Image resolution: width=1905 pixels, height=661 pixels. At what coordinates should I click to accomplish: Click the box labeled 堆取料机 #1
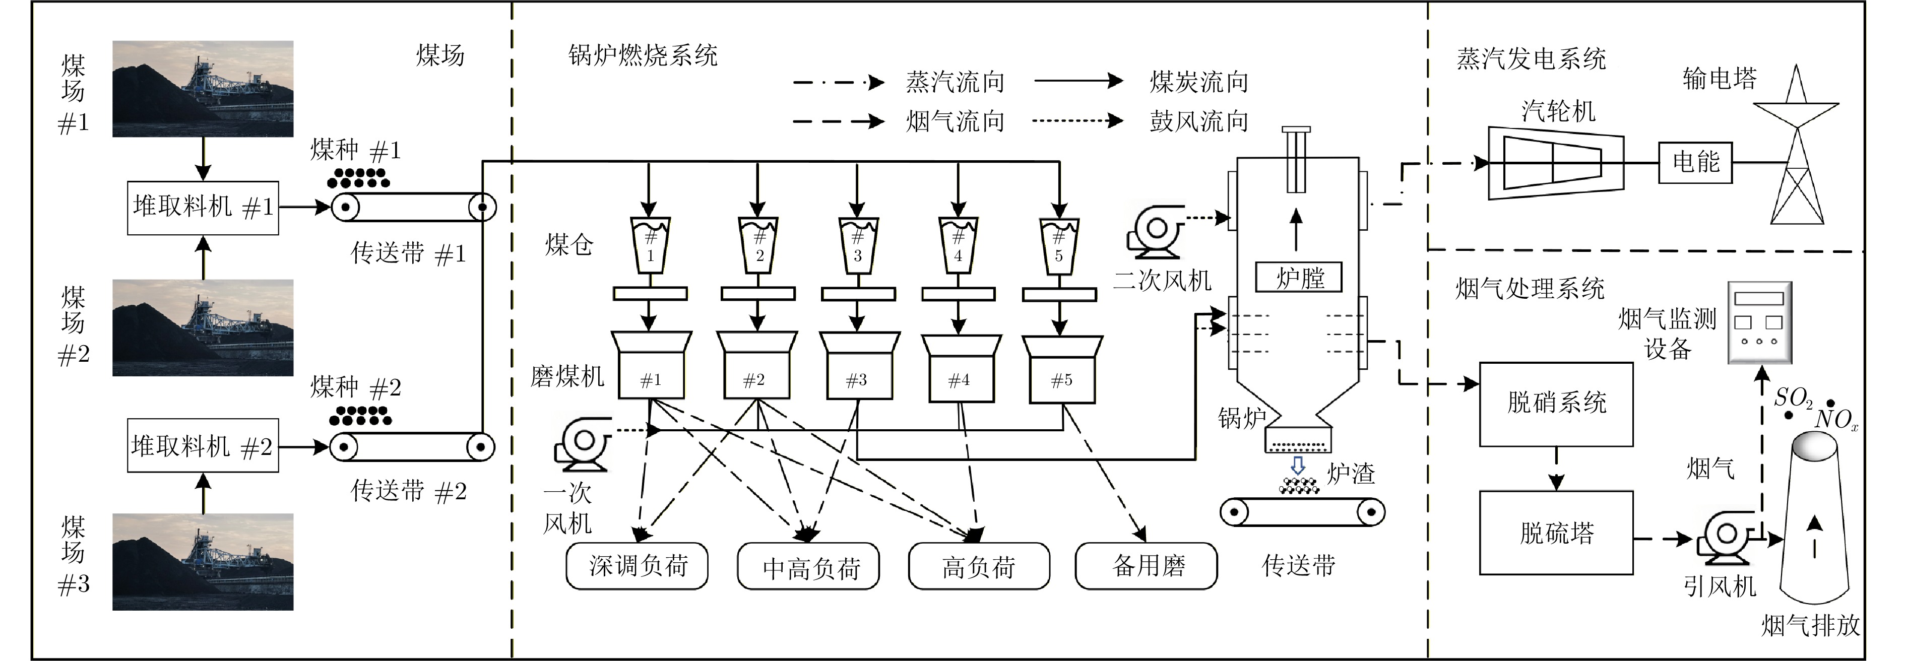(203, 208)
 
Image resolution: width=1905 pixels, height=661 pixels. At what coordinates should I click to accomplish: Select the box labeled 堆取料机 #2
(203, 446)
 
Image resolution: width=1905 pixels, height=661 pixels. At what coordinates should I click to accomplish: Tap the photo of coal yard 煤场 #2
(203, 327)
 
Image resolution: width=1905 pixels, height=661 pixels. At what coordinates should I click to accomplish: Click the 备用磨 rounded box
(1146, 566)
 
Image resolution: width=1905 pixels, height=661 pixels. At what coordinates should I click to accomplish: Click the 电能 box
(1696, 162)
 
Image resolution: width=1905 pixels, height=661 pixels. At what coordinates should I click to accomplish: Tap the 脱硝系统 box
(1556, 404)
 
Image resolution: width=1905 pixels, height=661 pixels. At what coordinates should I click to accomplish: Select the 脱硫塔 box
(1556, 533)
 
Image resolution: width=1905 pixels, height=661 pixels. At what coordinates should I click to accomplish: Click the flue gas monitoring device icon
(1759, 322)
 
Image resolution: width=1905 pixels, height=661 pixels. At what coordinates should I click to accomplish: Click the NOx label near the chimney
(1835, 420)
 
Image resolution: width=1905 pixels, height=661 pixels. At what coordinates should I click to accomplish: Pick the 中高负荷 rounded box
(809, 566)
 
